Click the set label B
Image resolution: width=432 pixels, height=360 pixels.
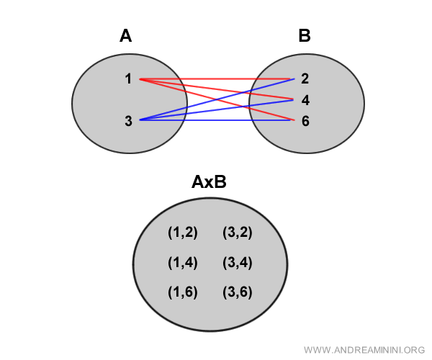pyautogui.click(x=305, y=35)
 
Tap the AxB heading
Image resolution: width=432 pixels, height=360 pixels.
pyautogui.click(x=209, y=182)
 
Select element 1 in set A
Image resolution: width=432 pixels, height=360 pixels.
pyautogui.click(x=128, y=78)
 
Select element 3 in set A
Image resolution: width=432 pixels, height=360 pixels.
pyautogui.click(x=128, y=120)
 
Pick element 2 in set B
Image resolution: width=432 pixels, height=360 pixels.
pyautogui.click(x=305, y=78)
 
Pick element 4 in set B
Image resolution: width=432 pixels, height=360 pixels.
pyautogui.click(x=305, y=99)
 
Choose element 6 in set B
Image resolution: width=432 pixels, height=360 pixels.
pyautogui.click(x=305, y=120)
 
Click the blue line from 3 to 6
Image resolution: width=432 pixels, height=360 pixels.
pyautogui.click(x=216, y=120)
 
